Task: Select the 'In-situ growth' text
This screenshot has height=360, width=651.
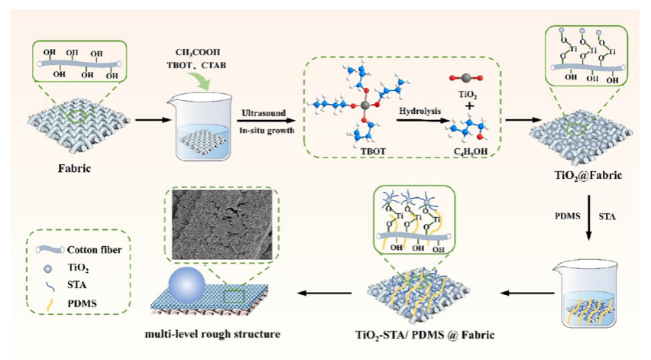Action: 264,131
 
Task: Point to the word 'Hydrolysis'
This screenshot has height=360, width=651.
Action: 419,111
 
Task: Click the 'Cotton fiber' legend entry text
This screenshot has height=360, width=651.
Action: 96,249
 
